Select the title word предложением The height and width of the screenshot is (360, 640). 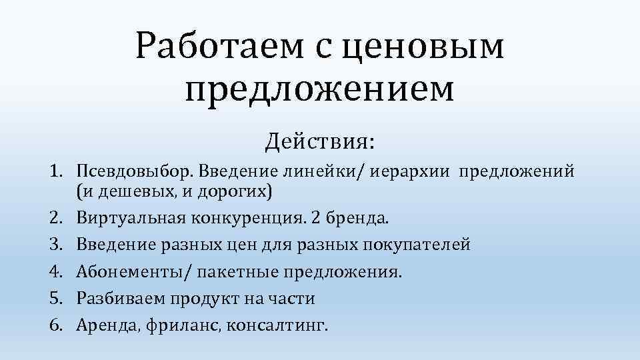coord(320,89)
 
